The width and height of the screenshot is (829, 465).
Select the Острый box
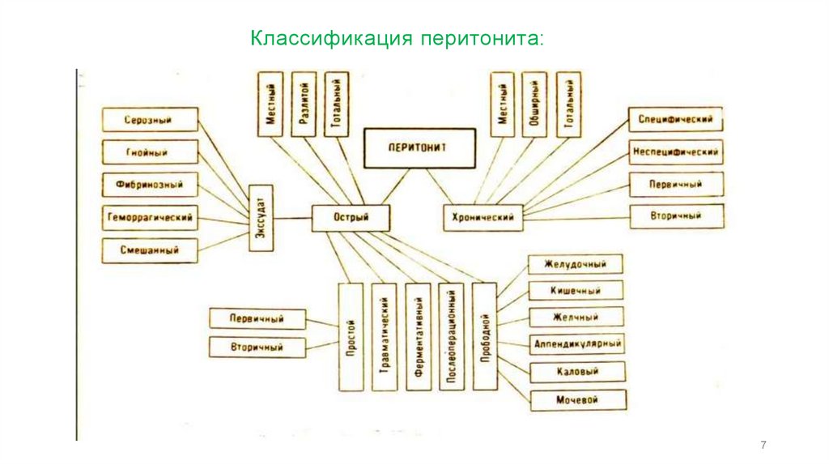351,218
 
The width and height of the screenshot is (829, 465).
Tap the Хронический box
483,218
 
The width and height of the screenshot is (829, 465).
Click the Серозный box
150,120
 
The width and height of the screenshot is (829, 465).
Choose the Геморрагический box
150,218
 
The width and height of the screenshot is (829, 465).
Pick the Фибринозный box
150,185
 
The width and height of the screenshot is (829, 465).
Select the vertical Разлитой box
304,104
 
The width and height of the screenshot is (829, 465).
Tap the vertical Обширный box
534,104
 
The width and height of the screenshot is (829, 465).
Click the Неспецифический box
675,151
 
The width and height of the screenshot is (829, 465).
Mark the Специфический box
675,120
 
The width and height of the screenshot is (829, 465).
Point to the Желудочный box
576,264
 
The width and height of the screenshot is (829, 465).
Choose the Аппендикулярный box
577,344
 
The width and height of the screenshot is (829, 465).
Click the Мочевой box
577,399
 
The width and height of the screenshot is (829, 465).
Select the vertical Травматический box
385,337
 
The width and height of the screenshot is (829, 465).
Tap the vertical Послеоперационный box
451,337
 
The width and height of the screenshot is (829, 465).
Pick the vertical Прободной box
484,337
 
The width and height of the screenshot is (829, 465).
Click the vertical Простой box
351,337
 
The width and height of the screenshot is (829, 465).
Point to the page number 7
763,446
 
